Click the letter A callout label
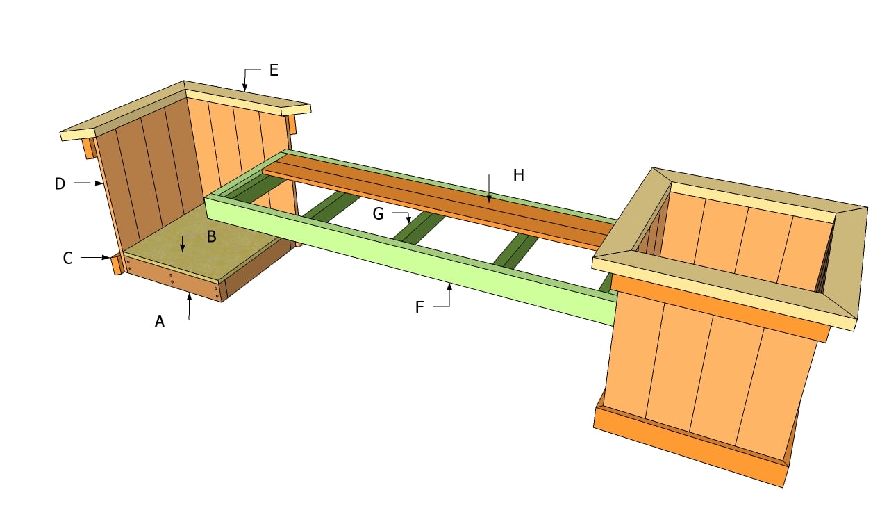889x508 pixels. click(x=160, y=321)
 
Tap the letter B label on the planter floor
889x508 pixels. click(x=212, y=237)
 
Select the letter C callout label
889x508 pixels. click(x=68, y=259)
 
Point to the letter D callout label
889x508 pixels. click(x=60, y=184)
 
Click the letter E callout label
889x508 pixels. click(x=274, y=70)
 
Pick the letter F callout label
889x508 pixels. click(x=419, y=307)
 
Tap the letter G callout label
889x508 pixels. click(x=379, y=214)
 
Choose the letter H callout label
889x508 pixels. click(x=518, y=175)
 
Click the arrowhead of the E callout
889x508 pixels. click(x=245, y=88)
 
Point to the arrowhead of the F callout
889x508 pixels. click(x=449, y=287)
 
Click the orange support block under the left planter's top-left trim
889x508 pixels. click(x=88, y=148)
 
